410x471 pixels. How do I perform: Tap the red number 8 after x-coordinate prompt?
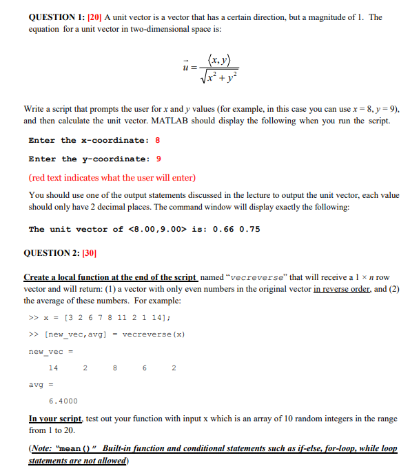[157, 141]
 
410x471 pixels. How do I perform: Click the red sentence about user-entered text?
[112, 177]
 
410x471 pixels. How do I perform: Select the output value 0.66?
[225, 230]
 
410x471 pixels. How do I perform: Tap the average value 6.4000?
[63, 401]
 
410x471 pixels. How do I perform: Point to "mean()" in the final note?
[77, 448]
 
